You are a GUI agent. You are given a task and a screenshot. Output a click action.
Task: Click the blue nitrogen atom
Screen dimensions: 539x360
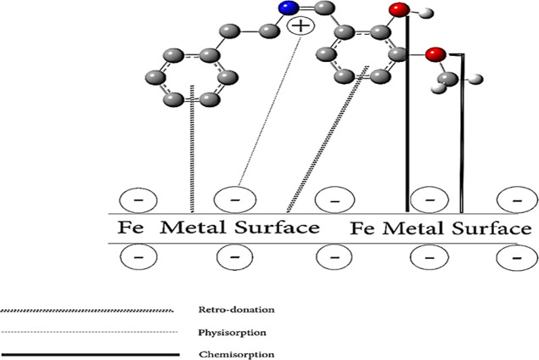tap(289, 8)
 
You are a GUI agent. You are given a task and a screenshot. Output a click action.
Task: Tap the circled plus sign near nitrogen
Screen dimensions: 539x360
tap(300, 26)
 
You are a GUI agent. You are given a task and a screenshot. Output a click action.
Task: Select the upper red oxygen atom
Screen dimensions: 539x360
tap(400, 9)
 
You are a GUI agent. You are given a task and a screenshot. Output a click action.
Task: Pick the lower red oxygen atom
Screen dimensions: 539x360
tap(435, 54)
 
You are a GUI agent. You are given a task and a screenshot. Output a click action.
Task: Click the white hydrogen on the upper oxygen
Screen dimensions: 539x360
tap(425, 14)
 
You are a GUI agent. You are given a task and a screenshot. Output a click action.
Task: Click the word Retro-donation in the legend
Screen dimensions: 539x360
tap(237, 309)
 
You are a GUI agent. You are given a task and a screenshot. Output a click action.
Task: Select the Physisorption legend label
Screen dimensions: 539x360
tap(232, 333)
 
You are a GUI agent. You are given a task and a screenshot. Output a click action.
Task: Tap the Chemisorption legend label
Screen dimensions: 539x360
tap(237, 355)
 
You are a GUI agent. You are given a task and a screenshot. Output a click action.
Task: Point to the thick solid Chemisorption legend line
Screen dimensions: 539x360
tap(90, 354)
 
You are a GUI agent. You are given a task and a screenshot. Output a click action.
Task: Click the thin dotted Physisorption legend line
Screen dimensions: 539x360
tap(89, 332)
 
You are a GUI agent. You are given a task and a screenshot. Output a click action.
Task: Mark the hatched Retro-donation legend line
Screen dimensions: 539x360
tap(87, 311)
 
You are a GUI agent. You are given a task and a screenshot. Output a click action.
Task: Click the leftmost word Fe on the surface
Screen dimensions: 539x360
tap(130, 228)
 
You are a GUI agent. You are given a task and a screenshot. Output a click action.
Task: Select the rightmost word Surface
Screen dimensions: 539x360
tap(491, 228)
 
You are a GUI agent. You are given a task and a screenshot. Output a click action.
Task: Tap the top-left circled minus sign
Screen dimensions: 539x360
tap(138, 200)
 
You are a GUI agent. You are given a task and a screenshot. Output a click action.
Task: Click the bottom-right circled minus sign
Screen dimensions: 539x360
tap(517, 257)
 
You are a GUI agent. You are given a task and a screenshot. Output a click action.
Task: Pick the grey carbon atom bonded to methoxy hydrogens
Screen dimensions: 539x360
tap(447, 80)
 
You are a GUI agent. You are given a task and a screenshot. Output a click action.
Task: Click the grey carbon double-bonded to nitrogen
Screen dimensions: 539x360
tap(324, 8)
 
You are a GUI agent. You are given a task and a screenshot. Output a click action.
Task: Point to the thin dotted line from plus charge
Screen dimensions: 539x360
tap(270, 111)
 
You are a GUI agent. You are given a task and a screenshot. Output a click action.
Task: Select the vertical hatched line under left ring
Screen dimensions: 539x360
tap(192, 149)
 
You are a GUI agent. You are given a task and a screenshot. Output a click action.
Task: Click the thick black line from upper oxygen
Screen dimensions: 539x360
tap(407, 114)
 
